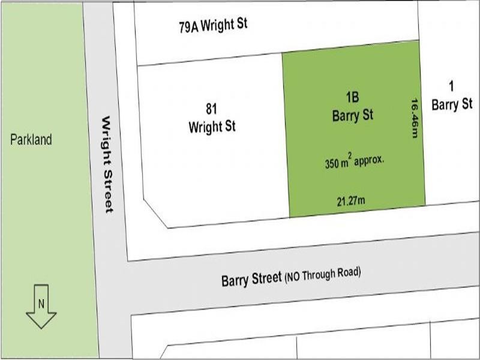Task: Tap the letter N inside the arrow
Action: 41,303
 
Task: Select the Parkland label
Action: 31,140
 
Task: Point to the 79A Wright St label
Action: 213,26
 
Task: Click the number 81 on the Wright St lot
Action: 211,109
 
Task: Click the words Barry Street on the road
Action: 251,278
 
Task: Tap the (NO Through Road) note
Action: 323,274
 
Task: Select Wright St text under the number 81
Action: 212,127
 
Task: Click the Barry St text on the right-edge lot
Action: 452,104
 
